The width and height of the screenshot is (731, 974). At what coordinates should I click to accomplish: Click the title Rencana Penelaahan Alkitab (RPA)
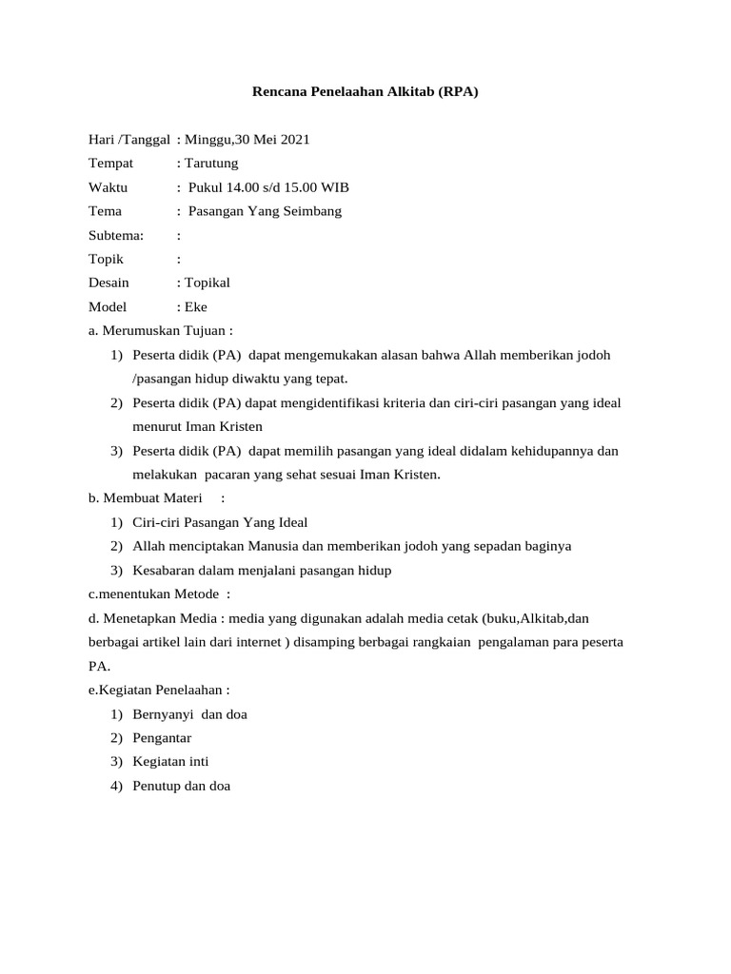[x=365, y=92]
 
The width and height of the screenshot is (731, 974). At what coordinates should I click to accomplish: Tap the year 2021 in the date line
[x=293, y=140]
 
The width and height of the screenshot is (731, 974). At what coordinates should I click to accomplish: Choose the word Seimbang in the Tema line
[x=308, y=211]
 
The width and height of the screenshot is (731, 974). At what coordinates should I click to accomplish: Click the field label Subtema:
[x=116, y=235]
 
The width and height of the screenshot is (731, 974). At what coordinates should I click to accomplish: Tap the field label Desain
[x=109, y=282]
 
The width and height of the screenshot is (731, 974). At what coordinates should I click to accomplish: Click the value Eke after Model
[x=196, y=306]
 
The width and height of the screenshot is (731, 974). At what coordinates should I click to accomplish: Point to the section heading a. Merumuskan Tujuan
[x=160, y=331]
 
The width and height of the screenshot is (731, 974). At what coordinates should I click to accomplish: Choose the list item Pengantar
[x=163, y=738]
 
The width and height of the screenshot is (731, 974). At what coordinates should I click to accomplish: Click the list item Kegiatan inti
[x=171, y=762]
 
